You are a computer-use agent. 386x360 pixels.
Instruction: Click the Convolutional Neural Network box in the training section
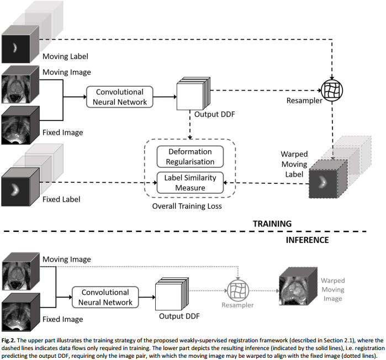pyautogui.click(x=120, y=97)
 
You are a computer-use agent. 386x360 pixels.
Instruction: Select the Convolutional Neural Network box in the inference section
pyautogui.click(x=105, y=297)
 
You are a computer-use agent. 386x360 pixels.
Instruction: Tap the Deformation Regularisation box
pyautogui.click(x=190, y=156)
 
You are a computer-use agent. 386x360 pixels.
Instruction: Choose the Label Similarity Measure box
pyautogui.click(x=190, y=183)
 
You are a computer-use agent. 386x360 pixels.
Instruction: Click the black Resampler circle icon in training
pyautogui.click(x=332, y=91)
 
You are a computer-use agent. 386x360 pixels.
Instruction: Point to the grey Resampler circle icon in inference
pyautogui.click(x=238, y=290)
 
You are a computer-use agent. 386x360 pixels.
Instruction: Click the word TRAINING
pyautogui.click(x=272, y=224)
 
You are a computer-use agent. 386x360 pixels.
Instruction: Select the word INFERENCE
pyautogui.click(x=307, y=240)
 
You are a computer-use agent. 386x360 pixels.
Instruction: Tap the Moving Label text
pyautogui.click(x=65, y=56)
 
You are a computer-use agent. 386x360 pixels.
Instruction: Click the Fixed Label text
pyautogui.click(x=61, y=199)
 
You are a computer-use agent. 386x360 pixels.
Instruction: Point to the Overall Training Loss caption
pyautogui.click(x=187, y=206)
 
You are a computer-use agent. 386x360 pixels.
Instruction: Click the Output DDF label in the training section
pyautogui.click(x=214, y=114)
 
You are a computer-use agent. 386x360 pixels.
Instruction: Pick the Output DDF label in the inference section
pyautogui.click(x=179, y=316)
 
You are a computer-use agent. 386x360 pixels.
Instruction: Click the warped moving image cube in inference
pyautogui.click(x=298, y=286)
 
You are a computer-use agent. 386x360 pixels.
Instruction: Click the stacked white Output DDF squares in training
pyautogui.click(x=193, y=93)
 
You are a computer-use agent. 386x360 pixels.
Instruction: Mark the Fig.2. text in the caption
pyautogui.click(x=8, y=341)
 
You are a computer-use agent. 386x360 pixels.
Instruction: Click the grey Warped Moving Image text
pyautogui.click(x=332, y=289)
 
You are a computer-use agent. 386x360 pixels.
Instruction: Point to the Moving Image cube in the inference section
pyautogui.click(x=20, y=272)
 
